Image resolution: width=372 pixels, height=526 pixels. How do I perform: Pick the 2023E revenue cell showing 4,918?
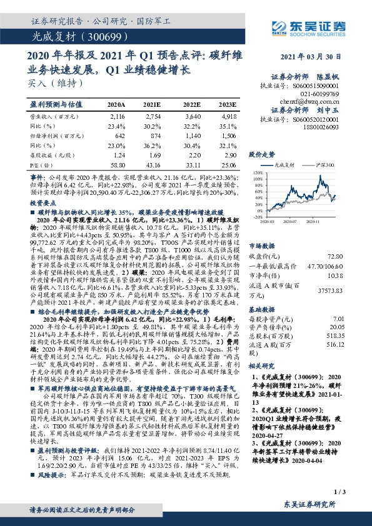click(228, 116)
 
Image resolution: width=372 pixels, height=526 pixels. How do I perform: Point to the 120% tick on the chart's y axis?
click(256, 172)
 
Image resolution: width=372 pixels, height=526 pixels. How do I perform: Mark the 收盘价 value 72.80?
click(353, 256)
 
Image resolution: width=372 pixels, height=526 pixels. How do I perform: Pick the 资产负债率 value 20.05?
click(353, 326)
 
